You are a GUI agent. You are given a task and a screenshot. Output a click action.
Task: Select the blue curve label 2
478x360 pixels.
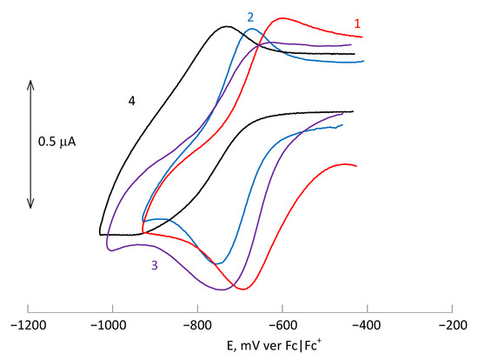pyautogui.click(x=250, y=17)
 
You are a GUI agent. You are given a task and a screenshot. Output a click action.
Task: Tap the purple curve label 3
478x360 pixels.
pyautogui.click(x=154, y=266)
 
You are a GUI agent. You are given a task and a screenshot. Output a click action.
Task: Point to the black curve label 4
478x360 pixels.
pyautogui.click(x=131, y=102)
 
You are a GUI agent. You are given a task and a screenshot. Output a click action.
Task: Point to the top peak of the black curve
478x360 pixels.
pyautogui.click(x=227, y=26)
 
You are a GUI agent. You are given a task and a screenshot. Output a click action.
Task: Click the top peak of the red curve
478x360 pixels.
pyautogui.click(x=282, y=17)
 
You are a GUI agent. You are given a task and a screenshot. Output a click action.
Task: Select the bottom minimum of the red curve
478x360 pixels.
pyautogui.click(x=244, y=289)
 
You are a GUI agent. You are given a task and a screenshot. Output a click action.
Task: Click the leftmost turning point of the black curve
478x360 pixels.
pyautogui.click(x=100, y=234)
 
